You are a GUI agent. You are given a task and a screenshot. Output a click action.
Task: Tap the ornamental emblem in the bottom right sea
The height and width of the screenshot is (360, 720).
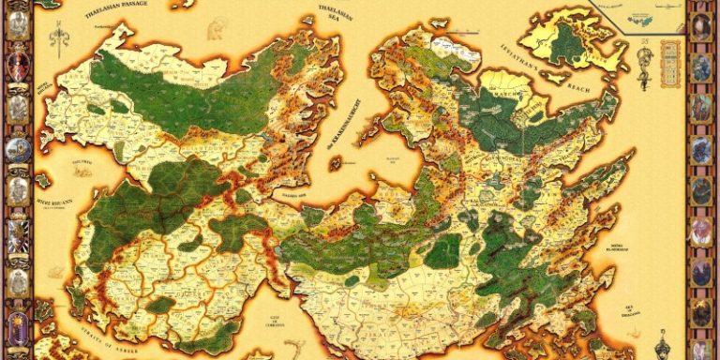(x=662, y=341)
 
